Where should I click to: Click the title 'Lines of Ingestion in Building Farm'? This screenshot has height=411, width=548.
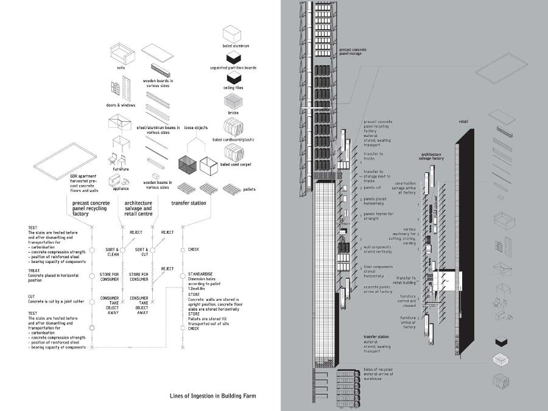click(213, 396)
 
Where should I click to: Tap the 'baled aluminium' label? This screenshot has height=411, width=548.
click(236, 46)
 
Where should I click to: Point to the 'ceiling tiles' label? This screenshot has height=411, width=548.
click(236, 89)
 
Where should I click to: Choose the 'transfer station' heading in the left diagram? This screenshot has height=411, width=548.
click(189, 203)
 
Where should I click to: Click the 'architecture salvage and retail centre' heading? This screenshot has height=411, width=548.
click(139, 209)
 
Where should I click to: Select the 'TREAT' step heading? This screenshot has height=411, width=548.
click(34, 270)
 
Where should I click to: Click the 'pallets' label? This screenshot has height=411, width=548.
click(249, 189)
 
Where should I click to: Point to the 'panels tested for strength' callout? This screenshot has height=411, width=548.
click(379, 216)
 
